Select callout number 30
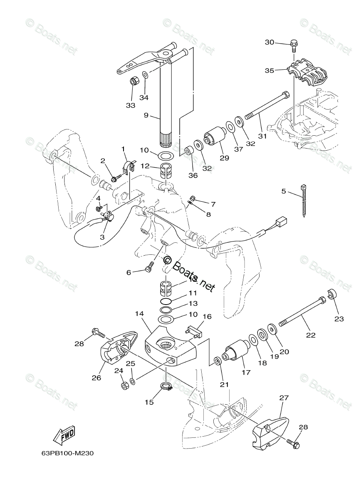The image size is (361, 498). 270,42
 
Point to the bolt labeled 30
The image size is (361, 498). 294,44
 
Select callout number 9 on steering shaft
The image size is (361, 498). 146,115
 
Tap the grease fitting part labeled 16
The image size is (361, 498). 194,332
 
